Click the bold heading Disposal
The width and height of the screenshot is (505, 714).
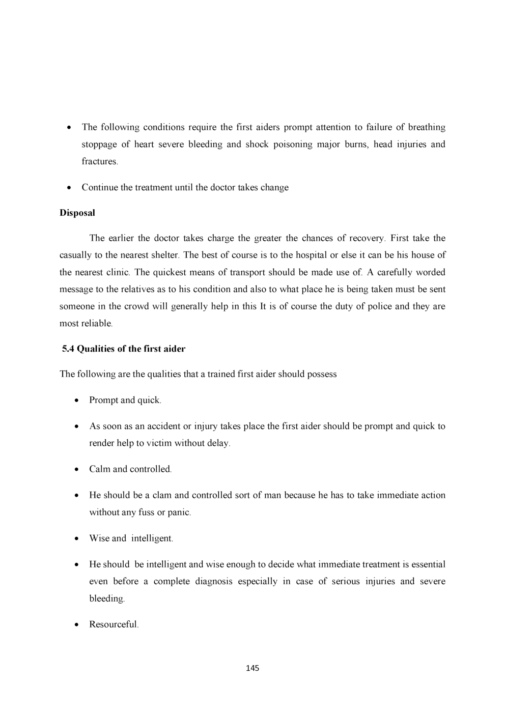pos(77,213)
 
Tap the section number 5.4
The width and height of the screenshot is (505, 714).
pos(68,349)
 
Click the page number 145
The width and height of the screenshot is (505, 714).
pos(252,668)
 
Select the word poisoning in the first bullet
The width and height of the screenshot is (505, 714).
pos(293,145)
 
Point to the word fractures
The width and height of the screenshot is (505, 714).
pos(99,161)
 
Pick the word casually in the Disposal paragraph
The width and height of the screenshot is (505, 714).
pos(76,255)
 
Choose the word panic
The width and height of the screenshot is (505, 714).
pos(179,512)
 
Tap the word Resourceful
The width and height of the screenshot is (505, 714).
pos(114,624)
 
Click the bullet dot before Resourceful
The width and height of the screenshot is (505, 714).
pos(76,625)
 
